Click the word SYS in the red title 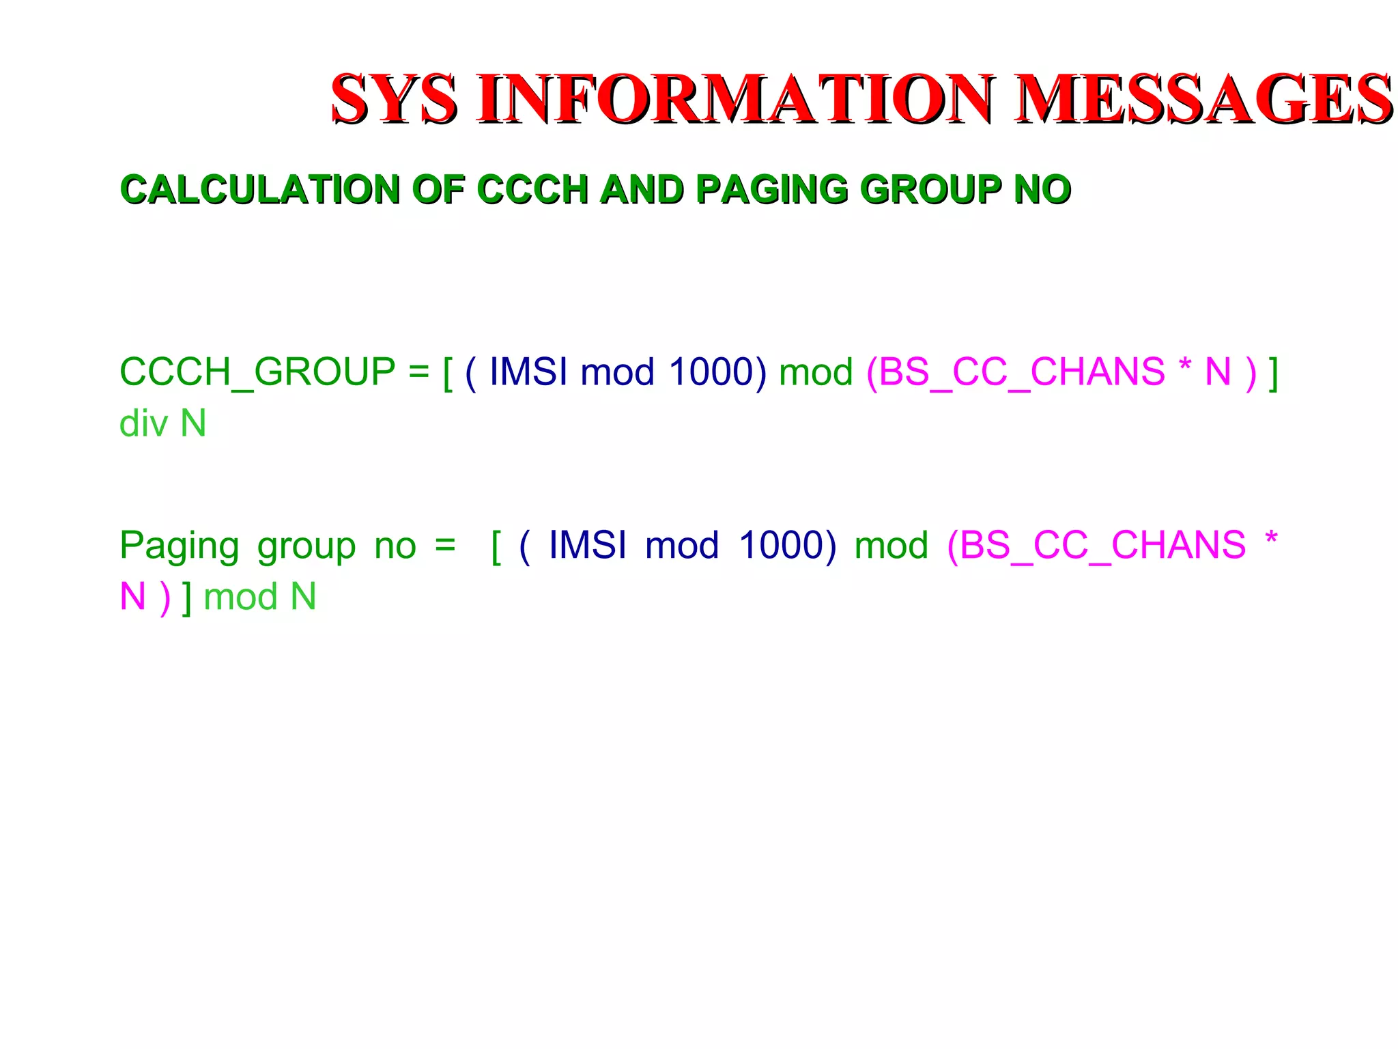tap(394, 100)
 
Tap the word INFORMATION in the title tap(736, 100)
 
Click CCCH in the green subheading tap(532, 189)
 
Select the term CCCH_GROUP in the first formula tap(257, 372)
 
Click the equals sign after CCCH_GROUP tap(418, 372)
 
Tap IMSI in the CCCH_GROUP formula tap(528, 372)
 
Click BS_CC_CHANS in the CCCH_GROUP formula tap(1022, 372)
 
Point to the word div tap(143, 423)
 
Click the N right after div tap(193, 423)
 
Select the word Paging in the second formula tap(179, 546)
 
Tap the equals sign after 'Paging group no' tap(445, 545)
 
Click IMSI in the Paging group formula tap(588, 545)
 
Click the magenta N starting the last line tap(132, 596)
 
